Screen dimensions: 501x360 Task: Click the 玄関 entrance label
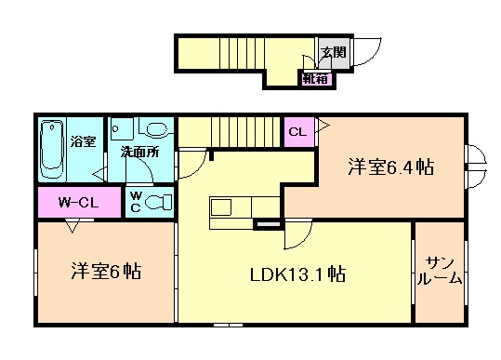(334, 52)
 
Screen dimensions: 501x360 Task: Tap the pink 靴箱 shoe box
(316, 79)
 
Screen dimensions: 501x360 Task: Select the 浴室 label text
(83, 141)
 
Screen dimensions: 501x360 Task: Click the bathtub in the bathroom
(52, 149)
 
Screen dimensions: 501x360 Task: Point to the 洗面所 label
(140, 153)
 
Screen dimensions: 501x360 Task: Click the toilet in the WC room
(158, 202)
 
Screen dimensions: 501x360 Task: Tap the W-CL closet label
(78, 203)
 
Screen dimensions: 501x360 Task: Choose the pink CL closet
(299, 132)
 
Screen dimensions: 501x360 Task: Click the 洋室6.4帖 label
(390, 167)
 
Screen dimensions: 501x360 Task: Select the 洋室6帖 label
(106, 271)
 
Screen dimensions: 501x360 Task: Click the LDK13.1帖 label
(297, 274)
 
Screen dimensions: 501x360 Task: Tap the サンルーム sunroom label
(440, 271)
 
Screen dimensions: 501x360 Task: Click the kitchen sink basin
(221, 207)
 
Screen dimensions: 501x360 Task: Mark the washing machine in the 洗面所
(122, 129)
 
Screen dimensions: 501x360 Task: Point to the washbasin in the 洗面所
(156, 129)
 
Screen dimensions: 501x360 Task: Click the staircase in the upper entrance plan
(242, 53)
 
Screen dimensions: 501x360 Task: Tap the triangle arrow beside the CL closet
(322, 125)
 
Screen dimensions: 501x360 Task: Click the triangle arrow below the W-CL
(73, 226)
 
